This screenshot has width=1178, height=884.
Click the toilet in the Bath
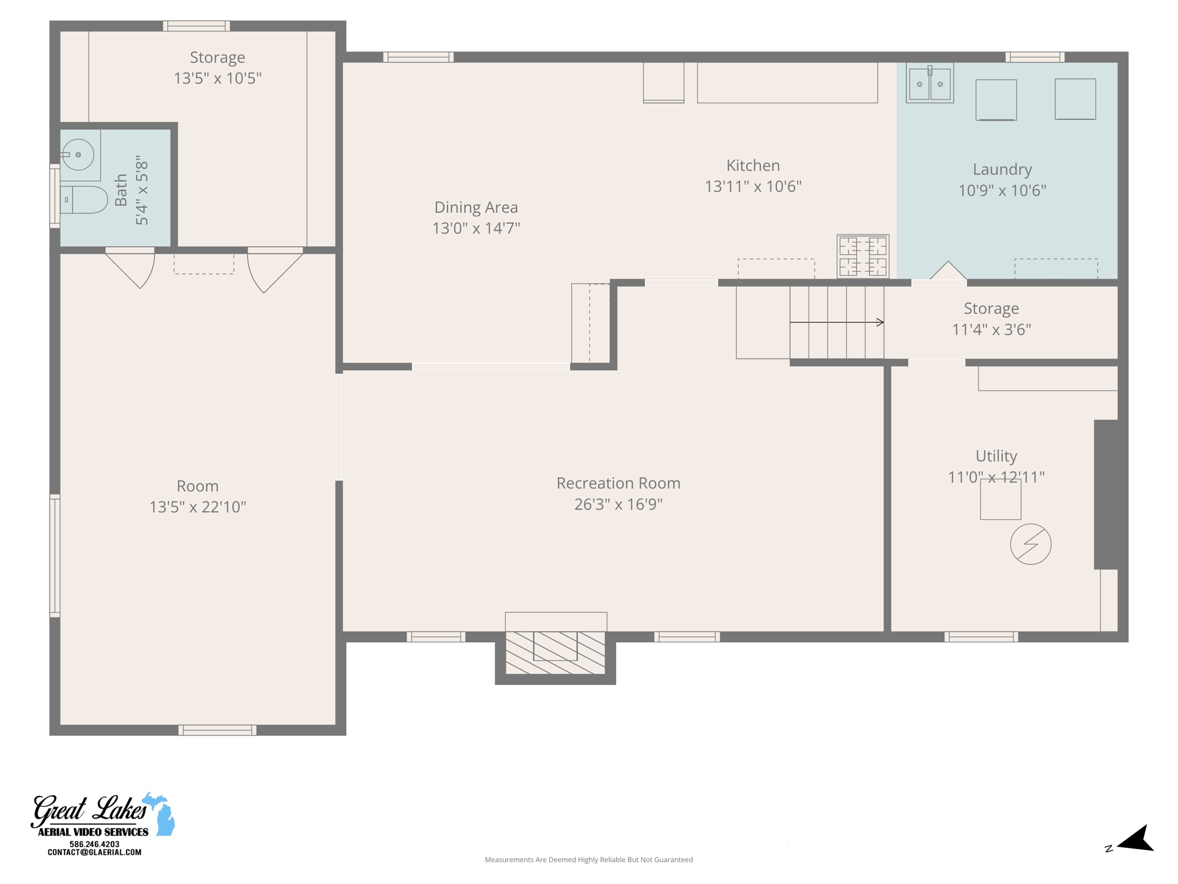[x=85, y=200]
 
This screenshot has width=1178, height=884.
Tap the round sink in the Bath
[x=78, y=154]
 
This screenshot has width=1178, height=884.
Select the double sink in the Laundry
[x=930, y=84]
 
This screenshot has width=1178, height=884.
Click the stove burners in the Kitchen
[x=863, y=256]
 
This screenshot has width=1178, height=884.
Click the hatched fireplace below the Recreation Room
[x=555, y=653]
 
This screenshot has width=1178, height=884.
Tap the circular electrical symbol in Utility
[x=1031, y=544]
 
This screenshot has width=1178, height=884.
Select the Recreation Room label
[x=618, y=483]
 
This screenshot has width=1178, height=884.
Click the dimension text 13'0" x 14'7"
[x=476, y=228]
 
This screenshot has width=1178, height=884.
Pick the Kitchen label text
[x=753, y=166]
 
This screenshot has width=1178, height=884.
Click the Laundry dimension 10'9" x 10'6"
[x=1002, y=190]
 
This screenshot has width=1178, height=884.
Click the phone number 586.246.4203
[x=94, y=844]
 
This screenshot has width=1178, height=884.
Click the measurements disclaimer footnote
[x=588, y=859]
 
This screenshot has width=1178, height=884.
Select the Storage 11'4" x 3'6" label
[x=991, y=318]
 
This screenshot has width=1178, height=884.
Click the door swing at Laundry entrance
[x=947, y=271]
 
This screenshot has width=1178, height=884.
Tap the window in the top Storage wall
[x=196, y=26]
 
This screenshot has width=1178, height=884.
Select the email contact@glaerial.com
[x=94, y=852]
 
